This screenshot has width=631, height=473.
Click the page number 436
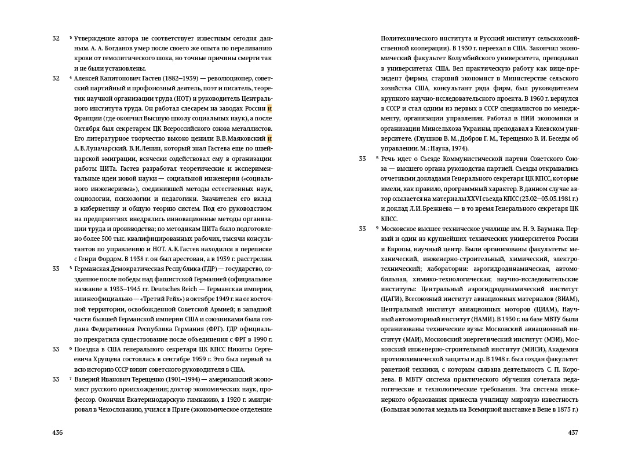click(x=57, y=432)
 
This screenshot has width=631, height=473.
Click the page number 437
click(x=573, y=432)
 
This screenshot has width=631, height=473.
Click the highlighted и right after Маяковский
click(x=269, y=138)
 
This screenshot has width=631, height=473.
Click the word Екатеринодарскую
click(x=149, y=399)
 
